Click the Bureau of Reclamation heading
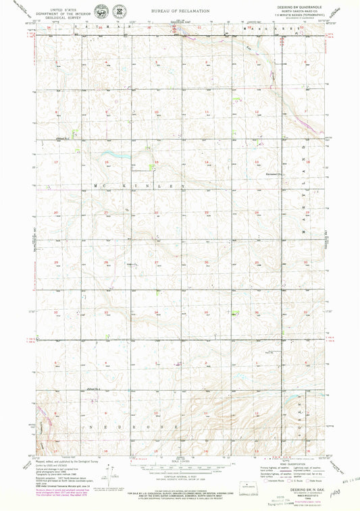click(x=180, y=11)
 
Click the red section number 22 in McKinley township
click(x=157, y=213)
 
